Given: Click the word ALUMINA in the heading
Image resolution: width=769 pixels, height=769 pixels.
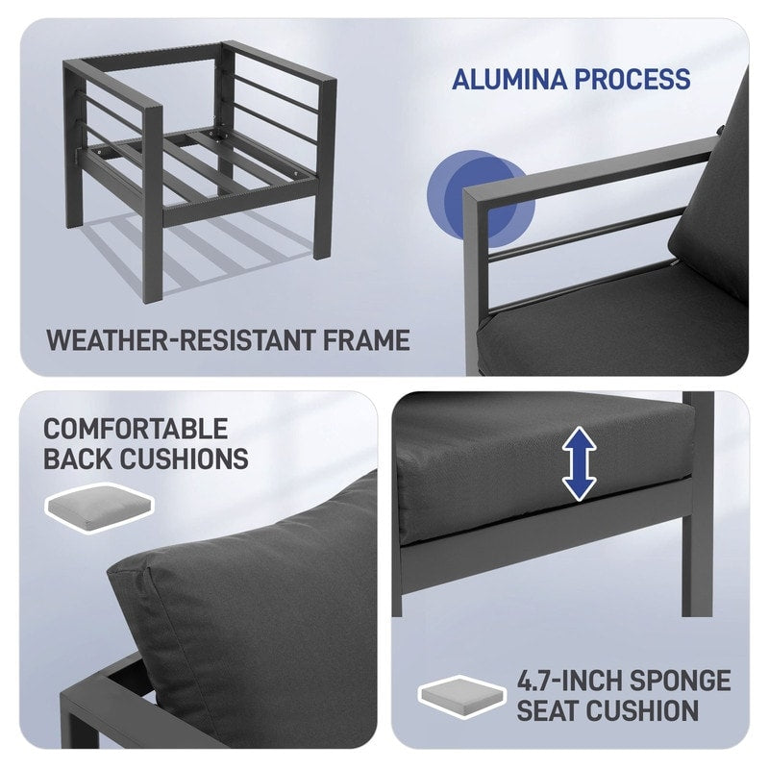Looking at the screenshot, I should point(509,79).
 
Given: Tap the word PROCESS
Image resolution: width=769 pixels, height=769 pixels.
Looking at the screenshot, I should point(633,79).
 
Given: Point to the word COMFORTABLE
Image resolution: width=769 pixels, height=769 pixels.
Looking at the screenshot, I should point(135,429).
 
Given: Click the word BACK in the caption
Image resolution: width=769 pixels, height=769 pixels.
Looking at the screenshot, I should point(75,458).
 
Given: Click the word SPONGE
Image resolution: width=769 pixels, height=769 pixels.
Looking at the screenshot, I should point(682,682).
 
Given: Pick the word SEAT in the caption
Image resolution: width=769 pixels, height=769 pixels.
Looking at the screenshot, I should point(550,711).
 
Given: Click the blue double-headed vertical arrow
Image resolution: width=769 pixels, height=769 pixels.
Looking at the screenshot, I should point(579,464).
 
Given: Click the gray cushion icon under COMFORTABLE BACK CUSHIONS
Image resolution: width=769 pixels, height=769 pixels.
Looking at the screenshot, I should point(99,505).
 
